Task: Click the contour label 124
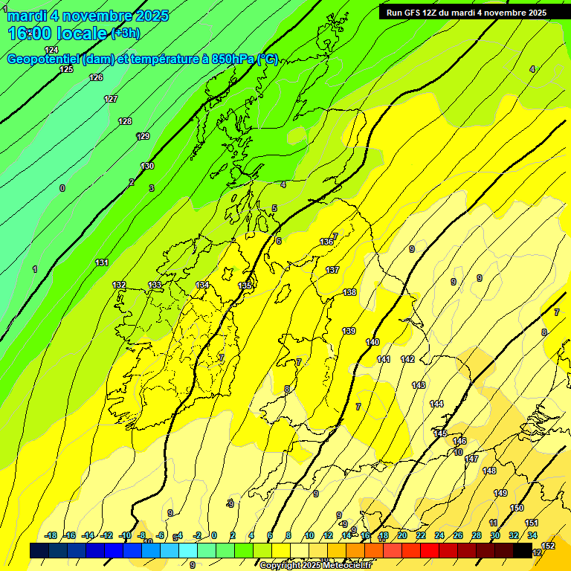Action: click(x=51, y=50)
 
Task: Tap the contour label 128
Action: click(x=125, y=121)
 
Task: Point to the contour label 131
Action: click(x=102, y=262)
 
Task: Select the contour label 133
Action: click(x=155, y=285)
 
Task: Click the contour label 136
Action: click(x=326, y=242)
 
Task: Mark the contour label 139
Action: click(x=349, y=331)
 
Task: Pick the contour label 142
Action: click(x=407, y=359)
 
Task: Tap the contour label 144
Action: click(x=436, y=404)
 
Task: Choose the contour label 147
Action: click(x=471, y=459)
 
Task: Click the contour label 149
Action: click(x=500, y=493)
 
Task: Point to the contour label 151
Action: click(x=532, y=523)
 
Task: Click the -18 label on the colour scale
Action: click(x=51, y=535)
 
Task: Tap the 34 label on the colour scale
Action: click(x=532, y=535)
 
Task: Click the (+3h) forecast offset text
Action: click(x=125, y=33)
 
